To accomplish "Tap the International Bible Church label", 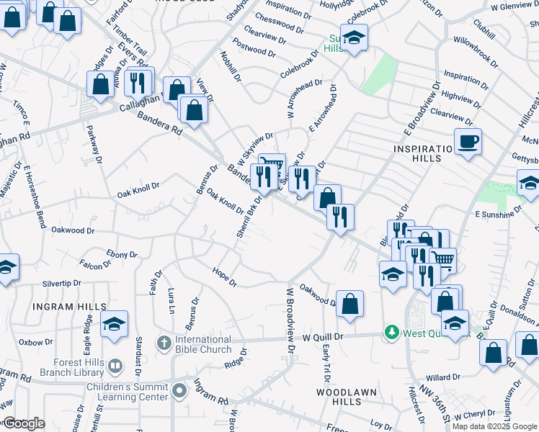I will [x=202, y=344].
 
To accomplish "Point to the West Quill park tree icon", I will [x=391, y=333].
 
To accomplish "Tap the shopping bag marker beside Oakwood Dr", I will [x=349, y=304].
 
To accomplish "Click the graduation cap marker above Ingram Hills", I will [x=114, y=324].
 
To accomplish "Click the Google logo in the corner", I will [x=24, y=423].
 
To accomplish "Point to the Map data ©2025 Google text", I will [x=494, y=426].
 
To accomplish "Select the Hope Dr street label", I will [x=224, y=276].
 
